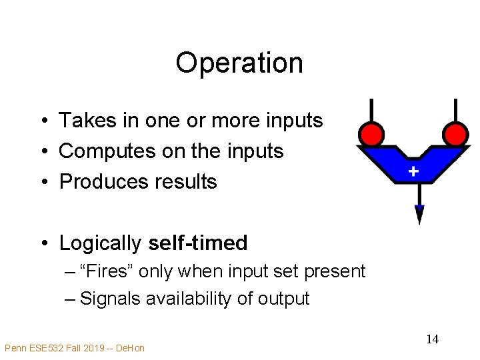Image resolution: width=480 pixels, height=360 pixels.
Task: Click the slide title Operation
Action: [x=239, y=63]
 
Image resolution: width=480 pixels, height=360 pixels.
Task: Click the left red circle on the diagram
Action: [x=370, y=134]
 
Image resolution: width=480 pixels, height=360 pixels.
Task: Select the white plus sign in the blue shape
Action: [x=413, y=172]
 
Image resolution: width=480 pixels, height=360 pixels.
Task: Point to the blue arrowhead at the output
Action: [x=419, y=214]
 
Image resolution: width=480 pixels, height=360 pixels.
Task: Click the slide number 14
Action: [x=432, y=339]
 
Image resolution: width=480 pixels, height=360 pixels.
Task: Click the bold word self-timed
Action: [x=198, y=243]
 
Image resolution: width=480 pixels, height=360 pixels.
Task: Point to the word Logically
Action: [x=101, y=243]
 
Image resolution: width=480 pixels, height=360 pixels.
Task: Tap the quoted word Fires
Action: [x=103, y=271]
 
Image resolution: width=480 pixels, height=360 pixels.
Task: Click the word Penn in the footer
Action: [x=15, y=347]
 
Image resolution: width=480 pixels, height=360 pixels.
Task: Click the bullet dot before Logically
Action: [x=42, y=243]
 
